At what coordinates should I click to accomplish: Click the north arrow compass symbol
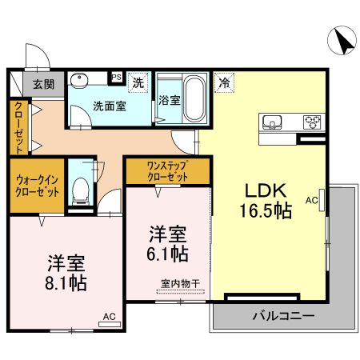pyautogui.click(x=342, y=41)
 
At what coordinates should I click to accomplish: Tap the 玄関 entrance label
pyautogui.click(x=43, y=84)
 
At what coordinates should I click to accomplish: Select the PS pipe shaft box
pyautogui.click(x=116, y=78)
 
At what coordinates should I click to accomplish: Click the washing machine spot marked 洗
pyautogui.click(x=138, y=82)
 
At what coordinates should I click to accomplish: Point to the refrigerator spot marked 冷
pyautogui.click(x=224, y=82)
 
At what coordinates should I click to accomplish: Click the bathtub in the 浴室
pyautogui.click(x=194, y=98)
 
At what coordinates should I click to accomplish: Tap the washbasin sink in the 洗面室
pyautogui.click(x=79, y=80)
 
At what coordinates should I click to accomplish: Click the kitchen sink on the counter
pyautogui.click(x=272, y=122)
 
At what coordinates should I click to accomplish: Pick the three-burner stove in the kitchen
pyautogui.click(x=312, y=122)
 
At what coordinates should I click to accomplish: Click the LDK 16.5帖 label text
pyautogui.click(x=266, y=201)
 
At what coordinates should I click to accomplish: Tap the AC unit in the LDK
pyautogui.click(x=322, y=200)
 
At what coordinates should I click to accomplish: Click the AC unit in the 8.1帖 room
pyautogui.click(x=110, y=324)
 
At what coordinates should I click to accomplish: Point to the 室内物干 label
pyautogui.click(x=180, y=284)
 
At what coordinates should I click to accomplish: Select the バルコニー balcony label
pyautogui.click(x=283, y=316)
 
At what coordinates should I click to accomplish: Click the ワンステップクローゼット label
pyautogui.click(x=167, y=171)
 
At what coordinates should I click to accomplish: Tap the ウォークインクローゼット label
pyautogui.click(x=37, y=186)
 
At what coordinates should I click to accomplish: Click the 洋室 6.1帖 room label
pyautogui.click(x=167, y=243)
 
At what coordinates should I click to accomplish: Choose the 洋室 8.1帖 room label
pyautogui.click(x=66, y=273)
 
